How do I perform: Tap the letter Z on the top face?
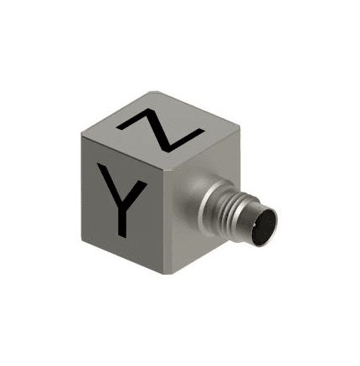coord(160,131)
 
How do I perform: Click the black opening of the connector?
coord(264,228)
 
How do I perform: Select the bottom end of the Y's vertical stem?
coord(122,236)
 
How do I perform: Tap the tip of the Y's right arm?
coord(144,183)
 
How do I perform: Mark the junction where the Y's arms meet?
coord(123,206)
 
